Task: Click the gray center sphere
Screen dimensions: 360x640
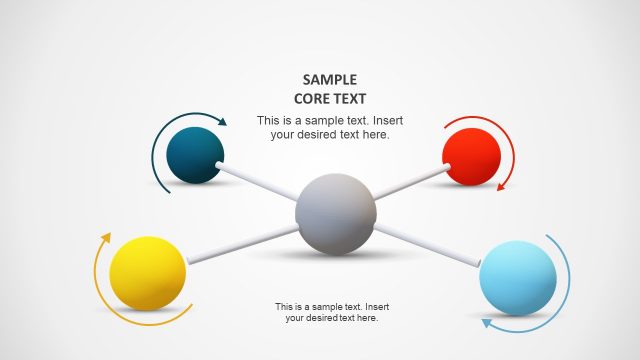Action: tap(336, 212)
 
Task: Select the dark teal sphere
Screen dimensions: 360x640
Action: tap(195, 155)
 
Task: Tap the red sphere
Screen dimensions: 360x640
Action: tap(471, 157)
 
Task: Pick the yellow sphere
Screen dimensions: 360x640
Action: tap(148, 273)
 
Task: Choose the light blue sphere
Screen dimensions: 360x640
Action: tap(517, 278)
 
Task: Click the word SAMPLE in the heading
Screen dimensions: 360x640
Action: tap(330, 79)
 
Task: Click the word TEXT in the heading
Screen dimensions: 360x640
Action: tap(351, 98)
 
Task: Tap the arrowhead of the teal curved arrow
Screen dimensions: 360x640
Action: tap(222, 123)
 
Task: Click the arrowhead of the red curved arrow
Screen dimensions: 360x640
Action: tap(502, 185)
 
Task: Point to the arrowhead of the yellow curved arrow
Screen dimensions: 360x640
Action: tap(106, 238)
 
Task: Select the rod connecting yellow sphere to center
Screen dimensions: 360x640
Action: tap(241, 244)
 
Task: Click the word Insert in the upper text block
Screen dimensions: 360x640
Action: tap(385, 121)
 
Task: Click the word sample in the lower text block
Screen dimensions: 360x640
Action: tap(324, 306)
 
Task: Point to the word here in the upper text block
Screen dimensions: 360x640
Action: tap(376, 134)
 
